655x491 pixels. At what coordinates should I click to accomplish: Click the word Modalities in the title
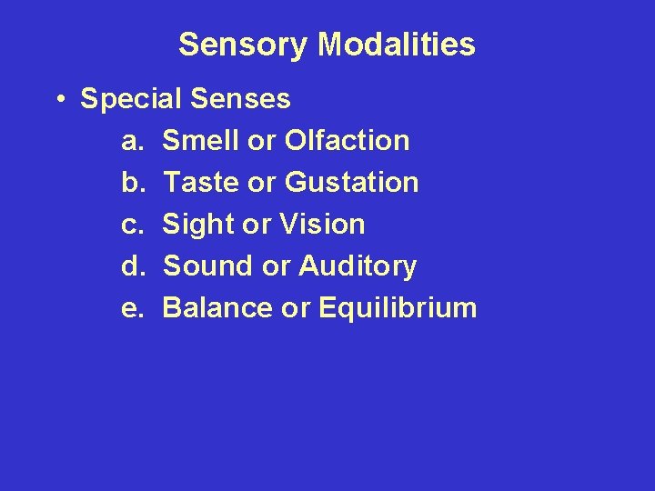tap(396, 45)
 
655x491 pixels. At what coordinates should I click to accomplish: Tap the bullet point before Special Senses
tap(58, 99)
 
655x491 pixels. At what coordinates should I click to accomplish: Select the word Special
tap(133, 99)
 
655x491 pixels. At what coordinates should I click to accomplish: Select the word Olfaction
tap(347, 141)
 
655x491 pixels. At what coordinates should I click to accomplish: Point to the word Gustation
tap(351, 183)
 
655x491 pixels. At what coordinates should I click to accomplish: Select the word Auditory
tap(357, 266)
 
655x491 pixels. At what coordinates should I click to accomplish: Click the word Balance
tap(217, 308)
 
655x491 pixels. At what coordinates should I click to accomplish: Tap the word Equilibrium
tap(398, 308)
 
